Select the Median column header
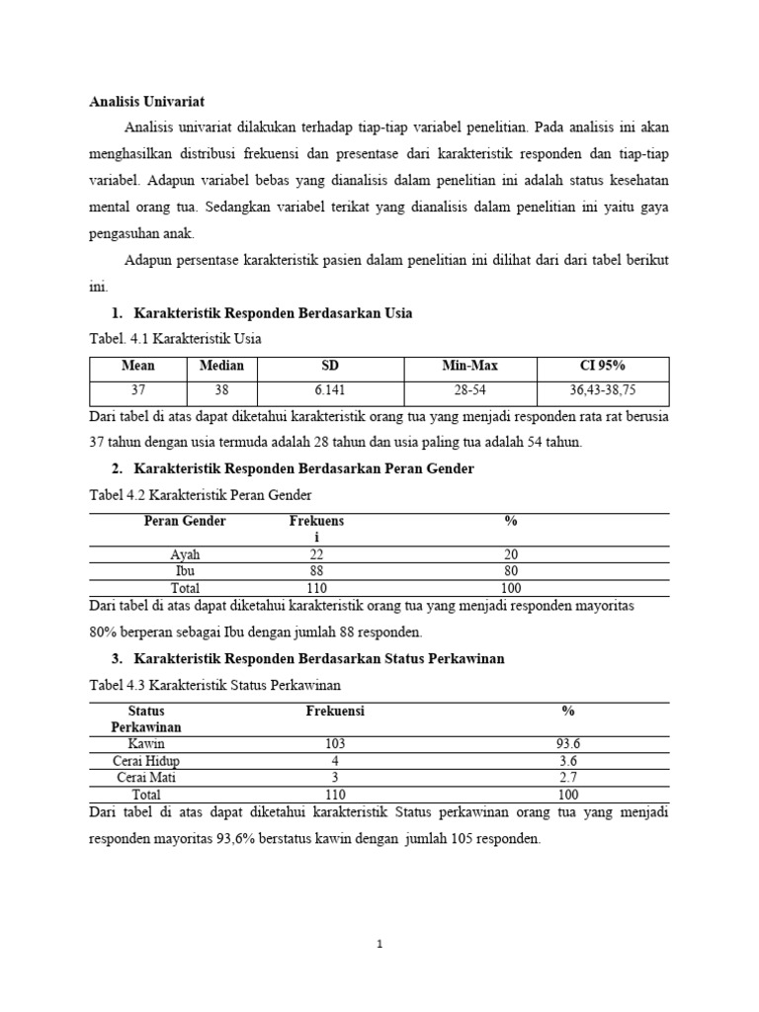[x=221, y=366]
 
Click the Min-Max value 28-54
[x=470, y=391]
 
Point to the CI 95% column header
[x=603, y=366]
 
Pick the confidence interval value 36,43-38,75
[x=603, y=391]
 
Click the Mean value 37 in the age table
[x=138, y=391]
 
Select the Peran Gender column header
[x=185, y=521]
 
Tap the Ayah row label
[x=185, y=554]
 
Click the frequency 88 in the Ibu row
[x=316, y=571]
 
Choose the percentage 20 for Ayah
[x=511, y=554]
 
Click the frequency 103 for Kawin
[x=336, y=743]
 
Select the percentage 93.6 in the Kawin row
[x=568, y=743]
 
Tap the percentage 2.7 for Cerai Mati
[x=568, y=778]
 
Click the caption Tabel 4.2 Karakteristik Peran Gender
[x=207, y=494]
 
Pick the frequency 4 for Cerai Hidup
[x=336, y=761]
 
